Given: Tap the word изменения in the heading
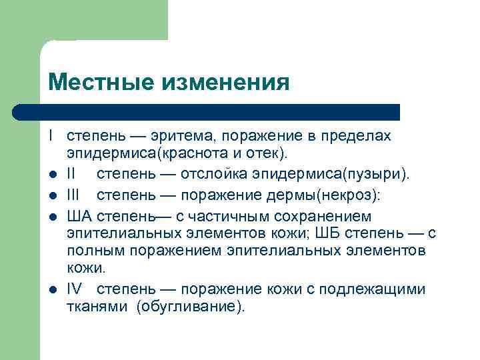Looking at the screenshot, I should click(225, 83).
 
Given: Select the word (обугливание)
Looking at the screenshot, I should click(191, 307).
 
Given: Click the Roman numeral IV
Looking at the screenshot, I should click(75, 289).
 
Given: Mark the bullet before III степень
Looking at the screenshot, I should click(51, 196).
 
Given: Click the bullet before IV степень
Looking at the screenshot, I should click(51, 290).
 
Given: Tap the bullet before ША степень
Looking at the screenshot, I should click(51, 217).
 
